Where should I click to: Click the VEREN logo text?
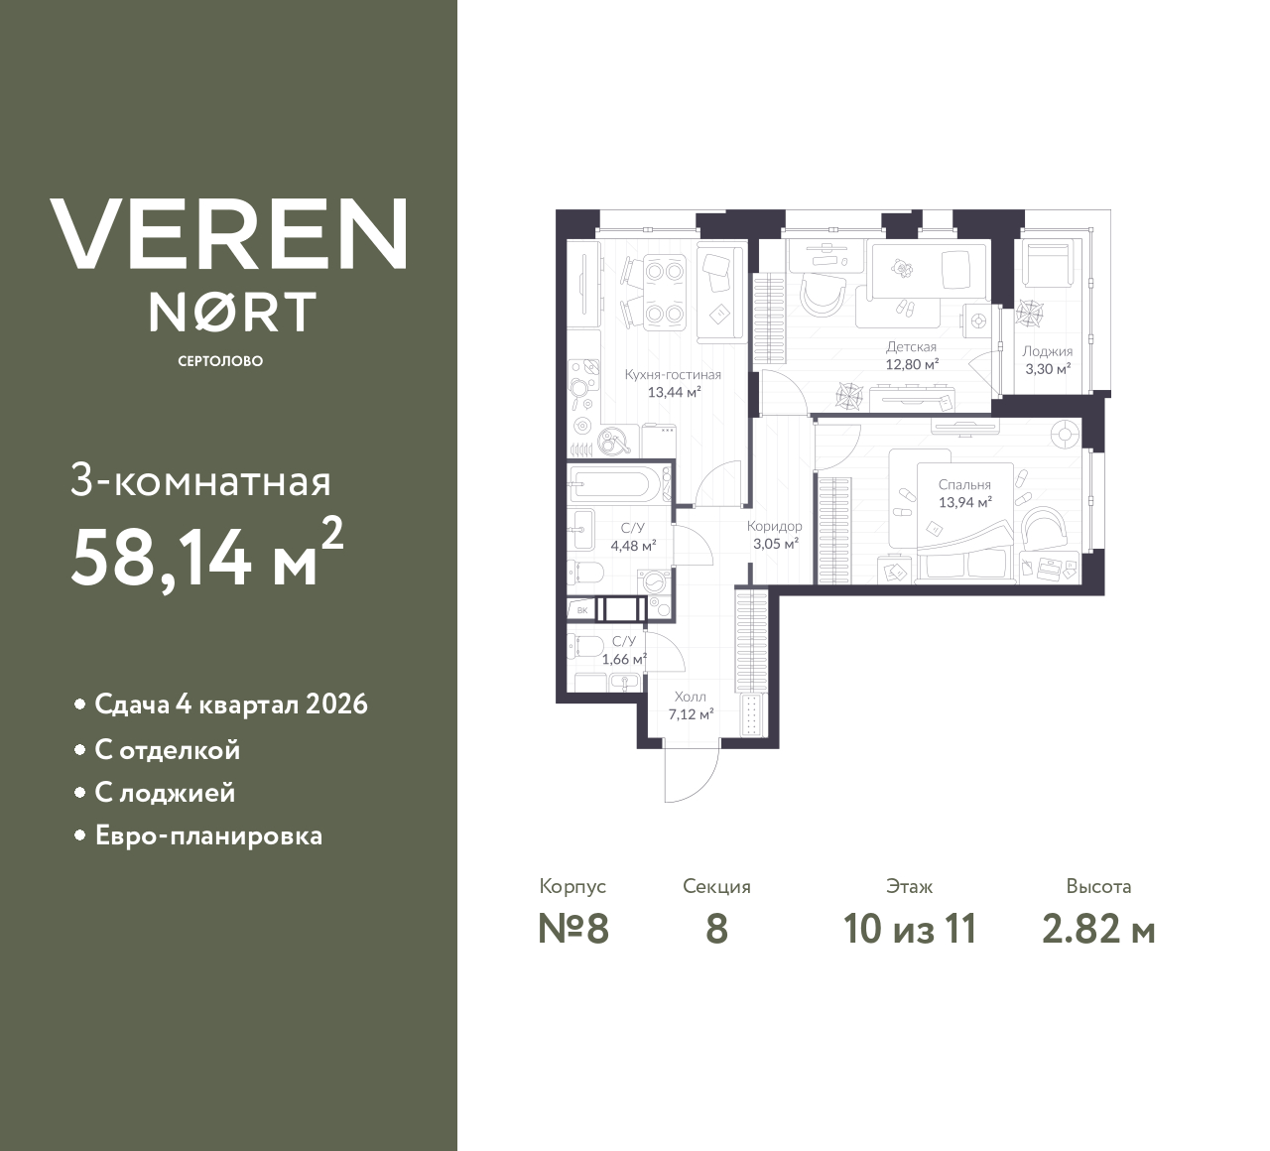tap(228, 234)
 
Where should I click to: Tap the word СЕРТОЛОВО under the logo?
tap(220, 361)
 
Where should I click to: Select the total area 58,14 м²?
tap(206, 558)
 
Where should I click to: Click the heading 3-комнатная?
tap(201, 482)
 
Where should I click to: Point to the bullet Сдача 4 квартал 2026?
tap(230, 704)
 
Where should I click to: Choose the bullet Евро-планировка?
tap(208, 835)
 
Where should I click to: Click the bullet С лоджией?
tap(165, 793)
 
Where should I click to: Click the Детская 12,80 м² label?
tap(911, 355)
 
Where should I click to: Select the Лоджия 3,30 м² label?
tap(1047, 359)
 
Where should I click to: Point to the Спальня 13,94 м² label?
tap(964, 493)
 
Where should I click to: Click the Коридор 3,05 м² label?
tap(774, 535)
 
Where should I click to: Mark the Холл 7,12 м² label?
tap(691, 705)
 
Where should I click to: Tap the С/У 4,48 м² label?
tap(632, 537)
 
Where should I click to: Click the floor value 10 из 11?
tap(910, 930)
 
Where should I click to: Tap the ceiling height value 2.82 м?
tap(1098, 930)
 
